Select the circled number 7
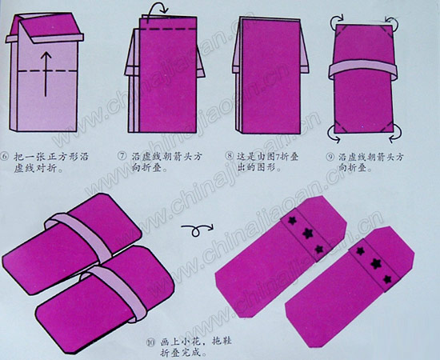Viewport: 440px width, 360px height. pos(122,156)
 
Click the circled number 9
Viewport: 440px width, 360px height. pos(330,156)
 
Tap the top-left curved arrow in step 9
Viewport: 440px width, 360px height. pos(331,23)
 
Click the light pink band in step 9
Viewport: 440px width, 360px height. pos(364,68)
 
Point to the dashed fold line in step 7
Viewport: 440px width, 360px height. pos(164,31)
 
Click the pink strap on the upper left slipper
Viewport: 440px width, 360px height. pos(77,223)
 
